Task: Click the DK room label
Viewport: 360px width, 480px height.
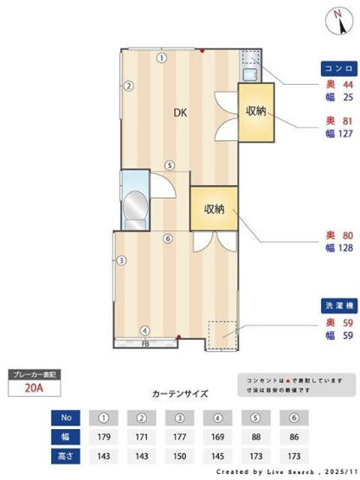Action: [178, 112]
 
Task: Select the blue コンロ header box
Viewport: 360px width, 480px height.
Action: [336, 67]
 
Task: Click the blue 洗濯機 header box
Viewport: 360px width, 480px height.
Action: [336, 307]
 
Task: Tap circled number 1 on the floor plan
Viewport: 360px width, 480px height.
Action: [161, 59]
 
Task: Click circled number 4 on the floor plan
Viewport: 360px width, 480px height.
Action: [145, 330]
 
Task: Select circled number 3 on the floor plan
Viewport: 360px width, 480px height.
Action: [123, 260]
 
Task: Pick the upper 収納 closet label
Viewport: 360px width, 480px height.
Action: [255, 111]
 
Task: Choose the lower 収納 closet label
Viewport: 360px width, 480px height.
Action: [215, 208]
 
